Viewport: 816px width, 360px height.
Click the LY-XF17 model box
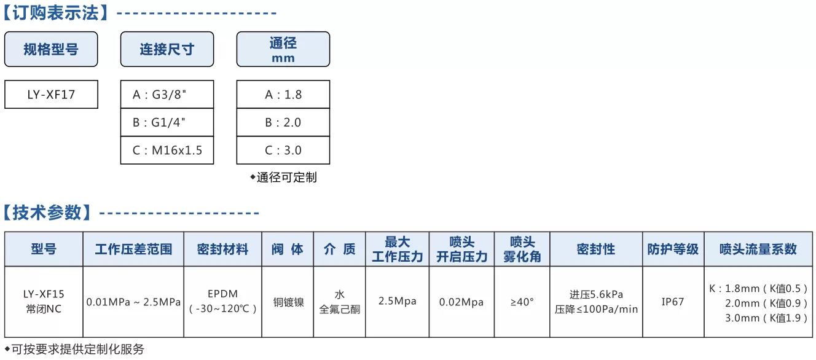pos(52,95)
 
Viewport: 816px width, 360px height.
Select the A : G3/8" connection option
pos(167,95)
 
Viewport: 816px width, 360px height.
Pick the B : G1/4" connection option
pos(167,122)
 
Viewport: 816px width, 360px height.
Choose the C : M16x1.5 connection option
pos(167,150)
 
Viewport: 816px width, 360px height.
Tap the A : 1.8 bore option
pos(283,95)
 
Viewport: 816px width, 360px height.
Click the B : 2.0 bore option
pos(283,122)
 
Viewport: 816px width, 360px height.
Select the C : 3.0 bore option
pos(283,150)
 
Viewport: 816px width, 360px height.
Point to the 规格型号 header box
pos(51,49)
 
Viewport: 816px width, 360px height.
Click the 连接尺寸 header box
pos(167,49)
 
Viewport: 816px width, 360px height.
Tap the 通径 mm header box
pos(283,49)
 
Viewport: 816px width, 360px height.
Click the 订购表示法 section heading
pos(56,13)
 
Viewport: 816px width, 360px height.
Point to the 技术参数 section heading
pos(47,213)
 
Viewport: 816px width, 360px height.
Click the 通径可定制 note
pos(283,178)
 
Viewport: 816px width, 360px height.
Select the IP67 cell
pos(673,302)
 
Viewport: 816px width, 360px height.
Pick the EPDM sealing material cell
pos(222,302)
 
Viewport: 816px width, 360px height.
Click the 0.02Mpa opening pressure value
pos(461,302)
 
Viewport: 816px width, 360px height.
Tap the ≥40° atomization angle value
pos(522,302)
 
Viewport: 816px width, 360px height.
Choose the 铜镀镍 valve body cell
pos(288,302)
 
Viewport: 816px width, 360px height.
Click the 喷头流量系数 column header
pos(758,249)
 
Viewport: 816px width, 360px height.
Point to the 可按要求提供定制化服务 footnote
pos(75,349)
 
